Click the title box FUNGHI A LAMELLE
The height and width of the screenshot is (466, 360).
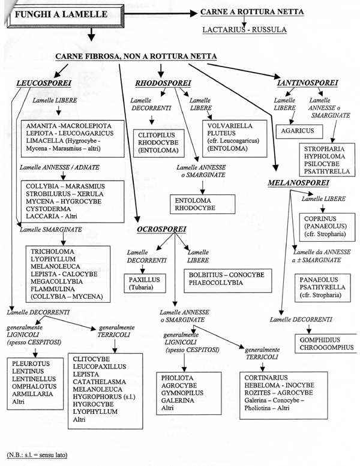point(65,16)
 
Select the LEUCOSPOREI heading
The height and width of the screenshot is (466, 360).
point(44,83)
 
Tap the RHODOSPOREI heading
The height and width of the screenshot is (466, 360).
point(163,83)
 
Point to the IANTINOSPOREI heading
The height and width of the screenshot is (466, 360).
point(307,83)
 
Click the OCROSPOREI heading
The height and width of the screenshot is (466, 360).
point(161,229)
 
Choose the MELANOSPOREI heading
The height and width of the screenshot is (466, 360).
point(298,183)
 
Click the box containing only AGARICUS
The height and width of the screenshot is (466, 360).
point(299,132)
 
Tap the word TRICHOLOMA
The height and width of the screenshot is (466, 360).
point(52,251)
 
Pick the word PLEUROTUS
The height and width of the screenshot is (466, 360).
point(31,364)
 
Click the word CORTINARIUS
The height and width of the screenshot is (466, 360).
point(266,378)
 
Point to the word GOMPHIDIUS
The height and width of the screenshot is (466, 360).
point(320,340)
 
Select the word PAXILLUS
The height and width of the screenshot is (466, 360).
point(144,280)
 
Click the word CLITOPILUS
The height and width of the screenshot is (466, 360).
point(157,135)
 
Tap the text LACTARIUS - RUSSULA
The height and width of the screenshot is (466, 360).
point(244,30)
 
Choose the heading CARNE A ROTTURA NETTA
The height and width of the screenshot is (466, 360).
point(252,12)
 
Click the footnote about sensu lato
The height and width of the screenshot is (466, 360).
point(37,455)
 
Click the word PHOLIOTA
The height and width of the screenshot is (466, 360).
point(177,378)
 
